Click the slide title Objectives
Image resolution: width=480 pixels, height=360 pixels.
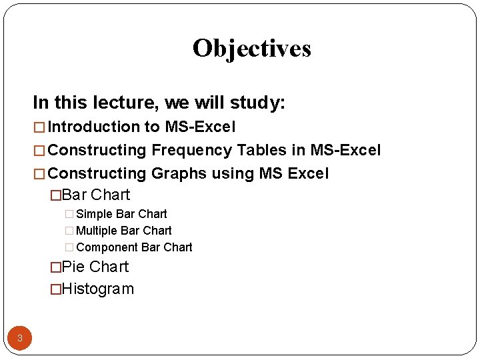pos(251,49)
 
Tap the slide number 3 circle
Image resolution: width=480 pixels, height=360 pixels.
pos(20,338)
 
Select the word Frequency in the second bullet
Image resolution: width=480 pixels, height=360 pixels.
pos(189,150)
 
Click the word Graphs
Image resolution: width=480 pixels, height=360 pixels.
pos(179,173)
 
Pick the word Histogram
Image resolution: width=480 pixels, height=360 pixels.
pos(97,289)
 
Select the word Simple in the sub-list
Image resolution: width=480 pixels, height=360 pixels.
pos(94,214)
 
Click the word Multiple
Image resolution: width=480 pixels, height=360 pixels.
pos(97,231)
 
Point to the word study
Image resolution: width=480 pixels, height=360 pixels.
pos(259,103)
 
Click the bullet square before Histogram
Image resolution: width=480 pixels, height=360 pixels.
pos(56,289)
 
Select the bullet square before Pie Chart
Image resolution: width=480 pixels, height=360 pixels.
pos(56,267)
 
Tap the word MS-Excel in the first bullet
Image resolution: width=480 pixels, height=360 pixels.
pos(200,127)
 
